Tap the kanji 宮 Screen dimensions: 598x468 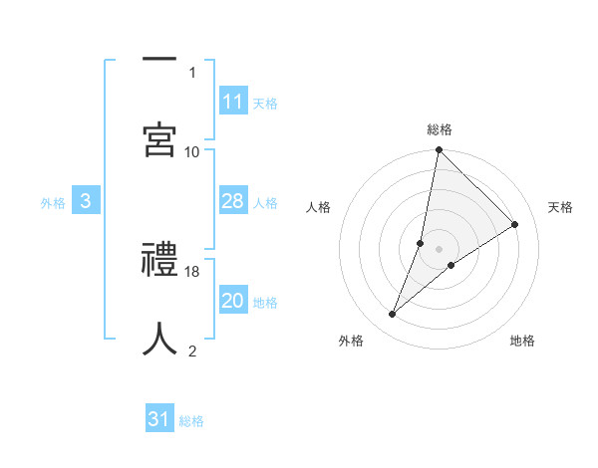click(159, 139)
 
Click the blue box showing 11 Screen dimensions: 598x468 click(232, 102)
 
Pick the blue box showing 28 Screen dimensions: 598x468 click(232, 202)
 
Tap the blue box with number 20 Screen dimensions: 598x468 click(232, 302)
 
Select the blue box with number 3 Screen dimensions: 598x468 click(86, 202)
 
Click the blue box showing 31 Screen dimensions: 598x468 click(159, 419)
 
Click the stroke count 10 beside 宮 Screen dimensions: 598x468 click(192, 151)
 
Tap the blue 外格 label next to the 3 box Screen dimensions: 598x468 click(53, 203)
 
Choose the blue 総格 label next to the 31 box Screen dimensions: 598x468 click(191, 420)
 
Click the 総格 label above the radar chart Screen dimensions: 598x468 click(440, 129)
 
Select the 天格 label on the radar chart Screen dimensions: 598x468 click(560, 207)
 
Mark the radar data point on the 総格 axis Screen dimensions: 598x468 click(439, 151)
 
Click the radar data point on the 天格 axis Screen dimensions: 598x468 click(515, 225)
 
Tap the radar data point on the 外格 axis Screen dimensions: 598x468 click(393, 315)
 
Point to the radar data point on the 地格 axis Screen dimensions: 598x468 click(451, 265)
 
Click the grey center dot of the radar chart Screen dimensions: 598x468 click(440, 248)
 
